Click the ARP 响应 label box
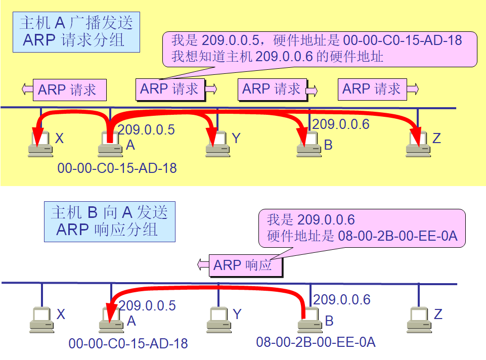[246, 265]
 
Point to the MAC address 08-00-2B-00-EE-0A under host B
[316, 342]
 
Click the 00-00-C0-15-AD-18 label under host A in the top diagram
[117, 168]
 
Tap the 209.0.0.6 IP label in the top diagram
[341, 124]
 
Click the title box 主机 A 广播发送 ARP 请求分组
[76, 32]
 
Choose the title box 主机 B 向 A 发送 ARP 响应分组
[109, 221]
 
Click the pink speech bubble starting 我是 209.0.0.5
[320, 48]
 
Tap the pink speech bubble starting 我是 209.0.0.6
[362, 228]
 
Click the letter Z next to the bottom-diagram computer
[438, 314]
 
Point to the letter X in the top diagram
[59, 138]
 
